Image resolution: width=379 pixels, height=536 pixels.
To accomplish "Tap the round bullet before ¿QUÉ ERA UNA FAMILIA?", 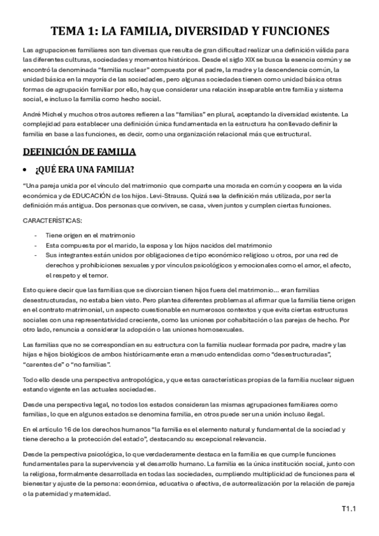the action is (25, 171).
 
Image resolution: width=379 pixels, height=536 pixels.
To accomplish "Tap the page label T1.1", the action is (349, 507).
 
